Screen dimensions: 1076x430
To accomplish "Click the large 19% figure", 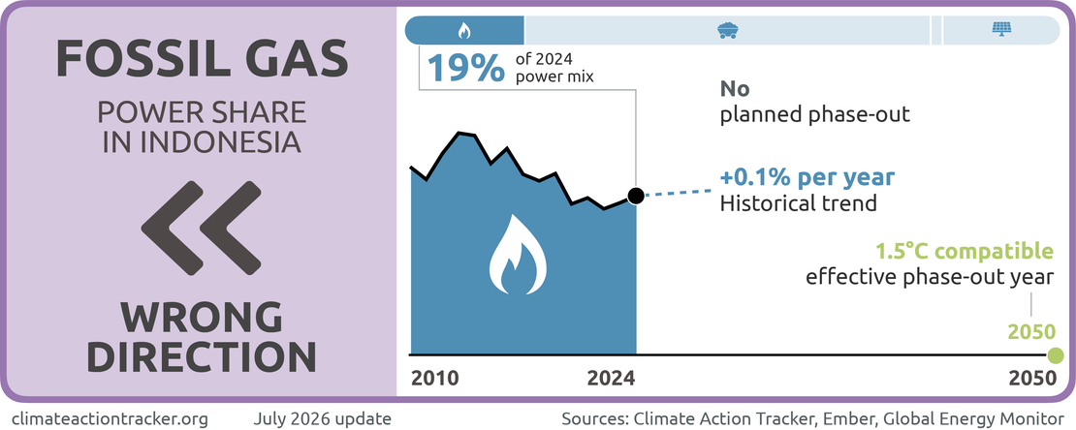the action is point(466,68).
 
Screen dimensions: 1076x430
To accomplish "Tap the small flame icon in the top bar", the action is point(464,30).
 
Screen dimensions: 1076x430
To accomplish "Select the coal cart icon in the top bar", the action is point(727,30).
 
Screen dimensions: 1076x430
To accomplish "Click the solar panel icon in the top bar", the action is point(1001,30).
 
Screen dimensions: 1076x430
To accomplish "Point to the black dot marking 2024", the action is point(636,196).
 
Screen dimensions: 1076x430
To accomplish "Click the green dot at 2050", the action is point(1056,355).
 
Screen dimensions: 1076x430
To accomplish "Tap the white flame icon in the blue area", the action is point(518,253).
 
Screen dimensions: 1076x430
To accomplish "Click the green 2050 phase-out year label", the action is point(1030,332).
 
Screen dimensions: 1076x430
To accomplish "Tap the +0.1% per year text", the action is point(807,177).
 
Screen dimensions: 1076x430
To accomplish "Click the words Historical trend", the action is point(798,203).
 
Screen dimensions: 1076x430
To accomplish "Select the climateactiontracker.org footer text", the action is point(111,417).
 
